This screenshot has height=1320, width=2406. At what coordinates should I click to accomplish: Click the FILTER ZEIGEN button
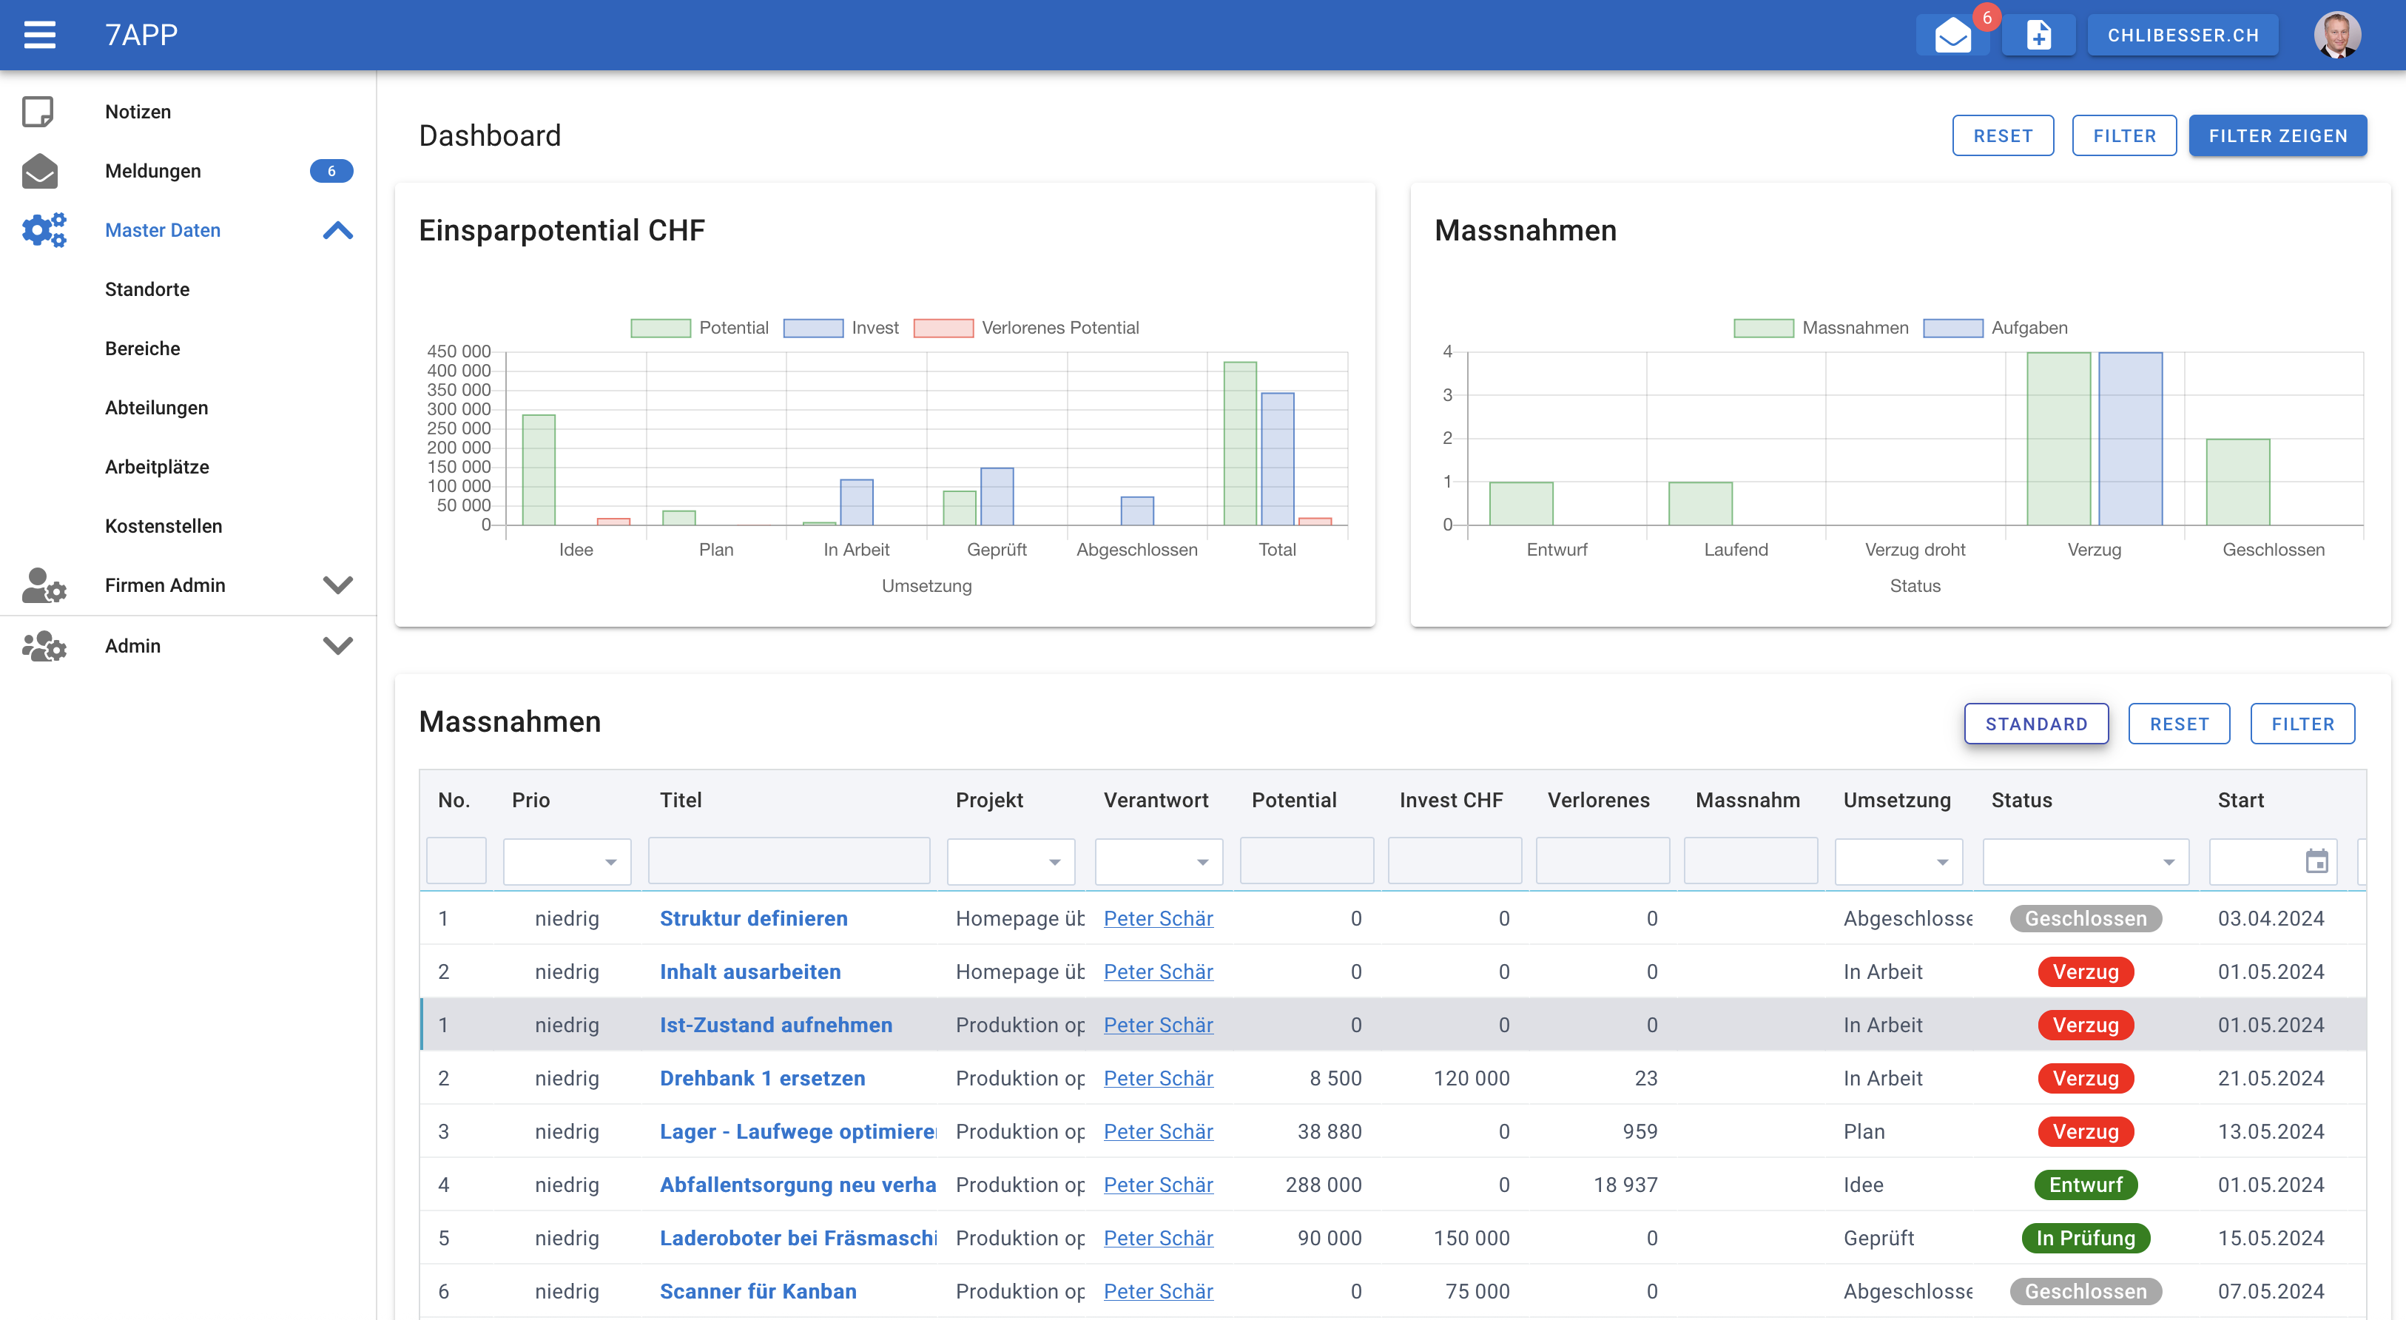coord(2277,136)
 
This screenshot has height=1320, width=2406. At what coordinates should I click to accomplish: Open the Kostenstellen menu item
coord(164,526)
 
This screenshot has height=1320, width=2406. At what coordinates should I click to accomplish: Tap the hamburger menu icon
coord(40,35)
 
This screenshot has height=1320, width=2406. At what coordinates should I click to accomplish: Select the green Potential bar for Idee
coord(538,469)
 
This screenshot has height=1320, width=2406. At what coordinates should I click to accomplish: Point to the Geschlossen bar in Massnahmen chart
coord(2237,481)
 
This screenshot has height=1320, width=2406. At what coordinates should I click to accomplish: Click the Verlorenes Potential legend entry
coord(1028,328)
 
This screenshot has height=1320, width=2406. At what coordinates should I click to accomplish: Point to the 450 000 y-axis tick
coord(459,351)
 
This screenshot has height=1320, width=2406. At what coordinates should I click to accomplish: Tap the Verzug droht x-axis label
coord(1914,549)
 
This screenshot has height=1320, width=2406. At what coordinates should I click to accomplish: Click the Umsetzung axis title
coord(926,586)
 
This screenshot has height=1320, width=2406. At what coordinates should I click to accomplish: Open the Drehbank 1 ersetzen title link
coord(761,1078)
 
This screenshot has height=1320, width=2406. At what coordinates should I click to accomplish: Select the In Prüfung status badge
coord(2085,1238)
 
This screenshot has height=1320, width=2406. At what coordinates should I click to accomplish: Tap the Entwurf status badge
coord(2085,1185)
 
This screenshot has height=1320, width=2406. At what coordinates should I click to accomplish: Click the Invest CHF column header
coord(1451,801)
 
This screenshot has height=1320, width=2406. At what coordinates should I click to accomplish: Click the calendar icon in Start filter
coord(2316,861)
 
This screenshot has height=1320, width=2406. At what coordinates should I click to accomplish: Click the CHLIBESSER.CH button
coord(2182,36)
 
